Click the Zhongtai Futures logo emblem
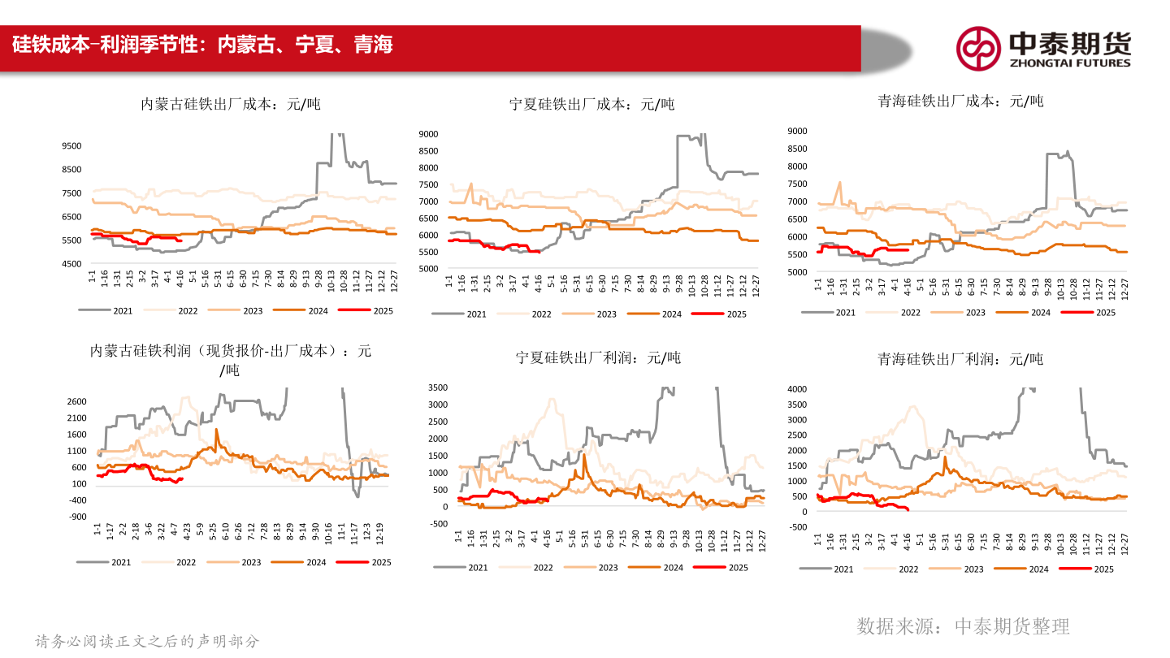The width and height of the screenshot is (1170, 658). [977, 48]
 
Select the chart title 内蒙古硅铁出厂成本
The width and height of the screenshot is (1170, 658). [231, 104]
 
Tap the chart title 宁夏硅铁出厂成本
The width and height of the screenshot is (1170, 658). [591, 104]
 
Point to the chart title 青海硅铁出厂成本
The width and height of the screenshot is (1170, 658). [960, 101]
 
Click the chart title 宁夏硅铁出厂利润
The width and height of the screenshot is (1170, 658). [598, 357]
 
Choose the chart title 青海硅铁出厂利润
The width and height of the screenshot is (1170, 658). [960, 358]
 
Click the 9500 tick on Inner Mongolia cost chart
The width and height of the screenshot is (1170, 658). [71, 146]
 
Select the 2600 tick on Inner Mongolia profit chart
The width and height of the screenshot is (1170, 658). [76, 401]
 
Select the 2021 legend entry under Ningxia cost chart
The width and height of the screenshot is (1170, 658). [456, 314]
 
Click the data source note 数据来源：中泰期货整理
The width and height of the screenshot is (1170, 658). [963, 626]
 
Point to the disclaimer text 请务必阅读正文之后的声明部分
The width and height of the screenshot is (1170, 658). [147, 641]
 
